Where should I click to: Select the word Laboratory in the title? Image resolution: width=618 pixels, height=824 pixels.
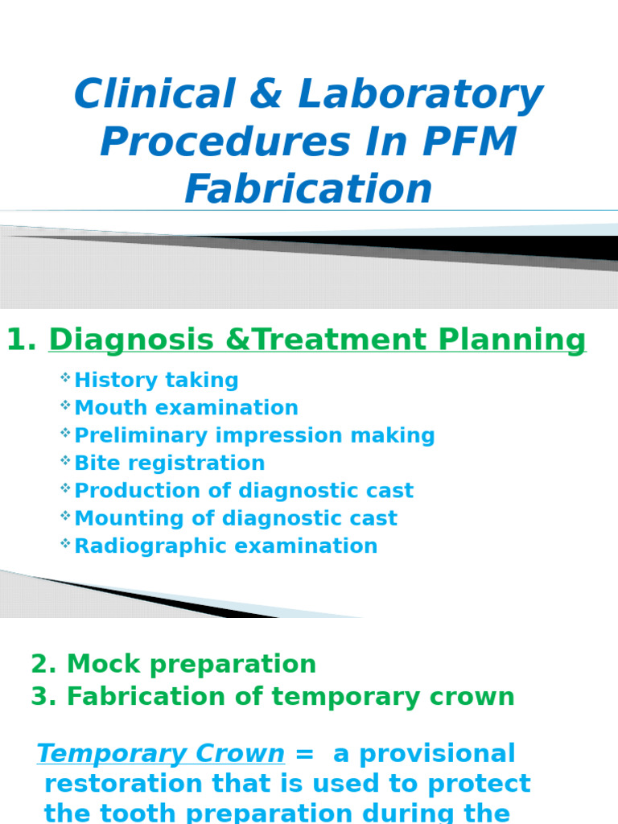coord(420,95)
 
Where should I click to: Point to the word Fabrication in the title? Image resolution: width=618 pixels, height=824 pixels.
coord(308,190)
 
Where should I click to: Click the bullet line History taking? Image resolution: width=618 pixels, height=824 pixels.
coord(156,381)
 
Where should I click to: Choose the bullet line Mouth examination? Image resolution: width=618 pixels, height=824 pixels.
coord(186,408)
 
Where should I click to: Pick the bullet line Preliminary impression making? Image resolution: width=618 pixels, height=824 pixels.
coord(254,435)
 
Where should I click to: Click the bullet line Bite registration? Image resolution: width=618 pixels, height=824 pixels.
coord(169,463)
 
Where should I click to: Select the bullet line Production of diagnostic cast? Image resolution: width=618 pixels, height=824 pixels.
coord(244,491)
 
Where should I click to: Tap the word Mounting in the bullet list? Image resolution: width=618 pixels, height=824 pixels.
coord(117,518)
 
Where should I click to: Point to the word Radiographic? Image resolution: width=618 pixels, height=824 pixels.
coord(135,546)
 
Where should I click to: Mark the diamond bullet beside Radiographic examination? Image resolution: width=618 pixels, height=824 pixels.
coord(65,544)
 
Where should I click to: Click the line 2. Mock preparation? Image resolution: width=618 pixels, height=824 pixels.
coord(173,665)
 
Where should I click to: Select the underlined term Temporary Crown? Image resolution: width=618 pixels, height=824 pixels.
coord(161,754)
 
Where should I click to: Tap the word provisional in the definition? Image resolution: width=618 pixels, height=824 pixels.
coord(437,754)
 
